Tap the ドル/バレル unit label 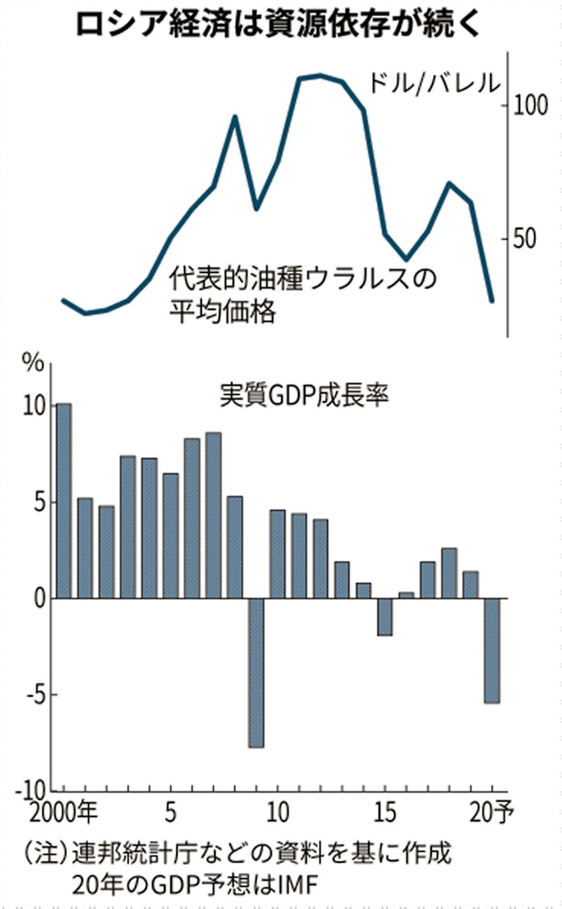(x=433, y=82)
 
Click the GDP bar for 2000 (x=64, y=501)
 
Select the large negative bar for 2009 (x=256, y=672)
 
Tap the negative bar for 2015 (x=384, y=617)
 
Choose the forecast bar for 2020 (x=491, y=651)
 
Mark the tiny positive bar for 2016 (x=405, y=595)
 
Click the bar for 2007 (x=213, y=515)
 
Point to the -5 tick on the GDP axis (x=31, y=695)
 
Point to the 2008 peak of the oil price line (x=235, y=117)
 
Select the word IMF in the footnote (x=296, y=886)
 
